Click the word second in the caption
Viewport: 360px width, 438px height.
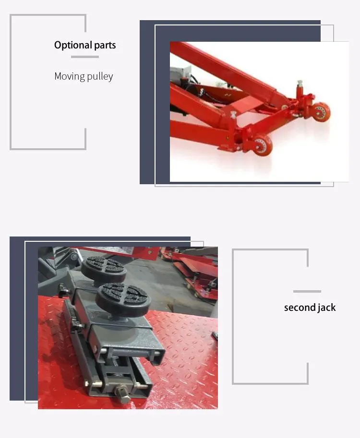(299, 308)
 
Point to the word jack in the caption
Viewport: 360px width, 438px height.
(326, 308)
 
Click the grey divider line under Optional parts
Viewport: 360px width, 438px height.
(85, 57)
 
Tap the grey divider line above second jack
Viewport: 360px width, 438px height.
(307, 291)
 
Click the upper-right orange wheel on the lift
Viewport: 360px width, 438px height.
(321, 112)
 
